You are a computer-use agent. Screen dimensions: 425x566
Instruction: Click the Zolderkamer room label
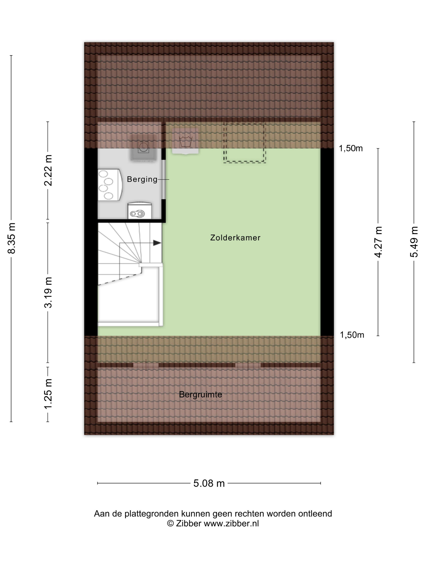point(235,238)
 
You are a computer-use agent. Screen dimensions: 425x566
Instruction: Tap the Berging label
point(142,179)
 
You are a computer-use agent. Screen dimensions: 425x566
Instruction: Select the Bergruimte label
point(200,394)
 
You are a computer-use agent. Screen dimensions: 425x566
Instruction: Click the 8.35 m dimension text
point(12,238)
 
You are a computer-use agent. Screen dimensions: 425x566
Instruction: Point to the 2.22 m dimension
point(48,170)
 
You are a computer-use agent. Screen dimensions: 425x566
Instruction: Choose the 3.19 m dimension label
point(48,292)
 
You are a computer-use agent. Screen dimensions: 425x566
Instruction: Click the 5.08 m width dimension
point(209,483)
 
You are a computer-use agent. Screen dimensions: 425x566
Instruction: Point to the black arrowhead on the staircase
point(157,243)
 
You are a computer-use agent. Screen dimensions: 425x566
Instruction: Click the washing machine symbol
point(143,151)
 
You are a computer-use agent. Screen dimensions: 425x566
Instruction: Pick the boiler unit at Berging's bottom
point(140,211)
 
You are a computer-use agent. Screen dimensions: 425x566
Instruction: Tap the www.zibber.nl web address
point(231,524)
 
